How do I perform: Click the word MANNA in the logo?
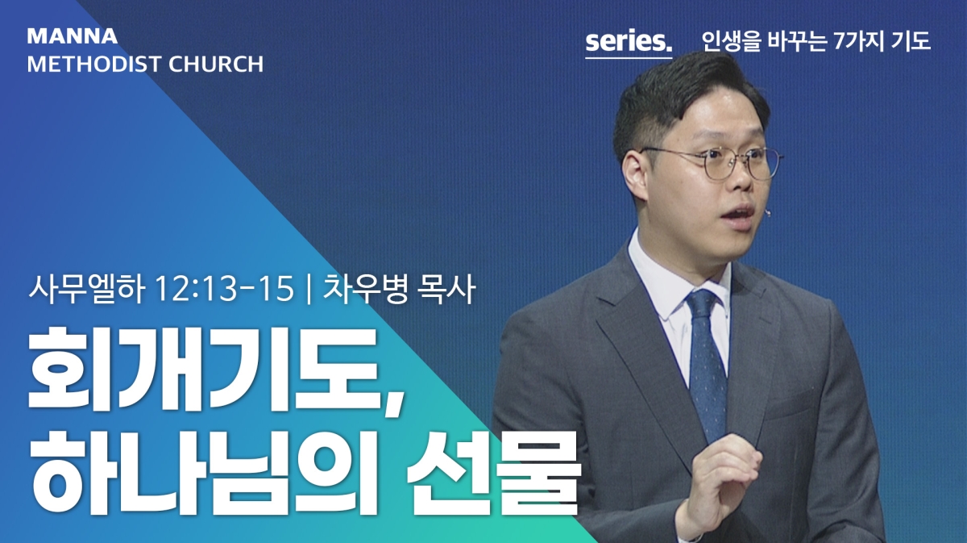(x=72, y=36)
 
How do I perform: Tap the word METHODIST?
(x=94, y=64)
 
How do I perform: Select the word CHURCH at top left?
(x=216, y=64)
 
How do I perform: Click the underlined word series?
(x=629, y=43)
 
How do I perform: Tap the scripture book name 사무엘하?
(x=86, y=289)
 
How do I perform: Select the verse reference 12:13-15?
(x=225, y=289)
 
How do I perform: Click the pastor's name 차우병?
(x=365, y=289)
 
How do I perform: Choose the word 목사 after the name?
(x=446, y=289)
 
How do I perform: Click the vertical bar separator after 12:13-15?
(x=308, y=289)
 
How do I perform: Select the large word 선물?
(x=492, y=474)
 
